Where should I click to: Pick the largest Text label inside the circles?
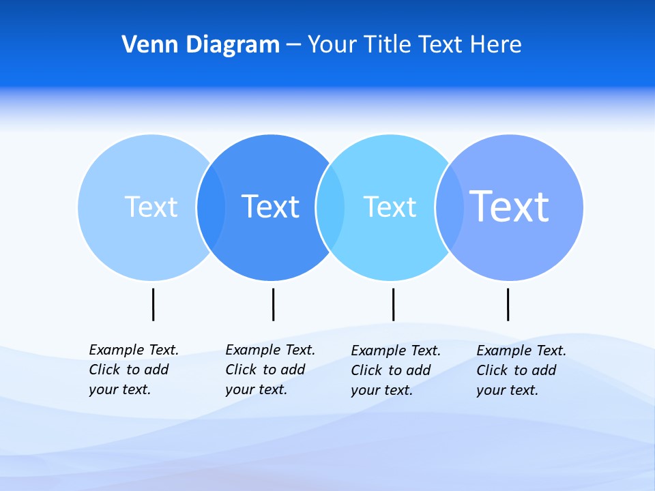pos(510,206)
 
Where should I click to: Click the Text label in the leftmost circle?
pos(151,207)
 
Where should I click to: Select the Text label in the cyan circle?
pos(390,207)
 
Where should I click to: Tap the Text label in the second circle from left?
pos(271,207)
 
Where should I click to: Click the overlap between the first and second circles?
pos(212,207)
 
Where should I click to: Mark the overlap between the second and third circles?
pos(331,207)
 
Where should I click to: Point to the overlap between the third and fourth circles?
pos(450,207)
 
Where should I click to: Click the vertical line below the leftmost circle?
pos(153,304)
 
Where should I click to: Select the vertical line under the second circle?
pos(273,304)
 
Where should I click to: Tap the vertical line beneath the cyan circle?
pos(393,304)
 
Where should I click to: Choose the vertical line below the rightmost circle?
pos(508,304)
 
